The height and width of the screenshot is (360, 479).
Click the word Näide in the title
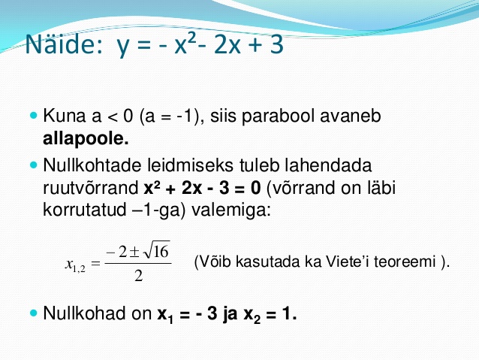(64, 44)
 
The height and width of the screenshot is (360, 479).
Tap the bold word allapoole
(86, 138)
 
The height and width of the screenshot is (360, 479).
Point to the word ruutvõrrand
(91, 189)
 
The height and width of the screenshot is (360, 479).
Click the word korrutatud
(85, 210)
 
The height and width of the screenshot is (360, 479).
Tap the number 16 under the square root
(161, 252)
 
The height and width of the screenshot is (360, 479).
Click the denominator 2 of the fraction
(139, 276)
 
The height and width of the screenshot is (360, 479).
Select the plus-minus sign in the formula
(134, 252)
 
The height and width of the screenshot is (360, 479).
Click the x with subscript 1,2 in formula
(75, 265)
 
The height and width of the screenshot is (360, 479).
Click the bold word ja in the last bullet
(230, 314)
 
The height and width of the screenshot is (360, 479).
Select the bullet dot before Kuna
(34, 116)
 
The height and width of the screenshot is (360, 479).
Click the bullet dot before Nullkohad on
(34, 313)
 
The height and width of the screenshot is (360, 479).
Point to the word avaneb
(351, 116)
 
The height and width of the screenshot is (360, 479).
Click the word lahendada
(328, 165)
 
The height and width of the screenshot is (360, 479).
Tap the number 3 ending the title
(277, 44)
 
